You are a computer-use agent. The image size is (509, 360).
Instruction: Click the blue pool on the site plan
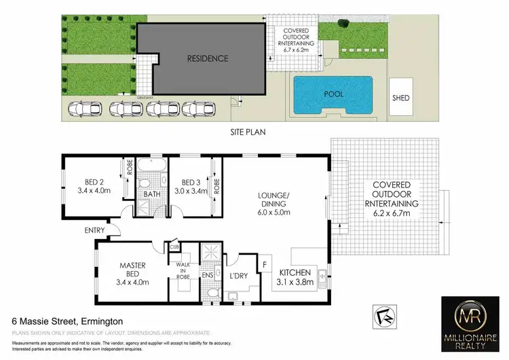pyautogui.click(x=333, y=94)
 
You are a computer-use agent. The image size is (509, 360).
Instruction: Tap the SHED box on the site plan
pyautogui.click(x=401, y=98)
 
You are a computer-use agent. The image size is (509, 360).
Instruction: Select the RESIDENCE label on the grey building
pyautogui.click(x=208, y=58)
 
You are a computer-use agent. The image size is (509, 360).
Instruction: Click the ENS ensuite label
pyautogui.click(x=208, y=274)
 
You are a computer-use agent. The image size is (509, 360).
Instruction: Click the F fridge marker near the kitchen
pyautogui.click(x=265, y=262)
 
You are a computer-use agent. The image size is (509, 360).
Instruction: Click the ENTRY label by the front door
pyautogui.click(x=94, y=231)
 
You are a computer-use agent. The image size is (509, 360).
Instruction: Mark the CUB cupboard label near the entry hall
pyautogui.click(x=174, y=247)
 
